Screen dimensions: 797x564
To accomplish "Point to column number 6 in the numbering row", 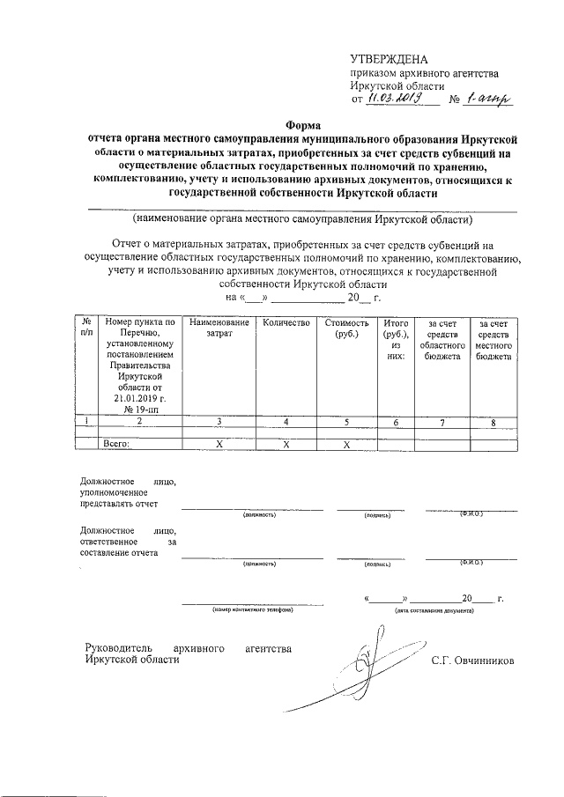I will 396,424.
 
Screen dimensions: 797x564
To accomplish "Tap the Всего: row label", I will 116,444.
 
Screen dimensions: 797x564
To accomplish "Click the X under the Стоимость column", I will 346,444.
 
